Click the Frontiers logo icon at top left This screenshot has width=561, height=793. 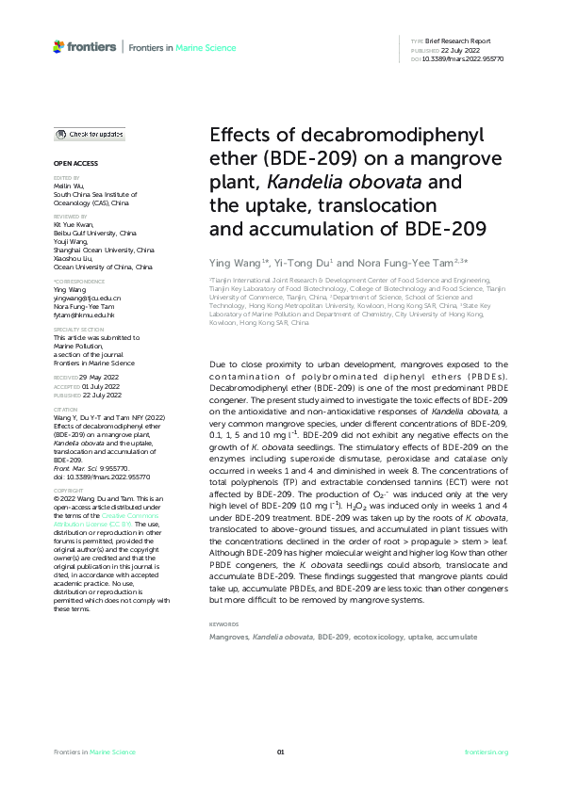(59, 46)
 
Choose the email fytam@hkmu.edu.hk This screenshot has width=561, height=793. (83, 315)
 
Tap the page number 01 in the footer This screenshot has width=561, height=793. (280, 752)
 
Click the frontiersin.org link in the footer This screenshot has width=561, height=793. (487, 752)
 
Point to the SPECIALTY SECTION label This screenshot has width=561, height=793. (74, 330)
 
